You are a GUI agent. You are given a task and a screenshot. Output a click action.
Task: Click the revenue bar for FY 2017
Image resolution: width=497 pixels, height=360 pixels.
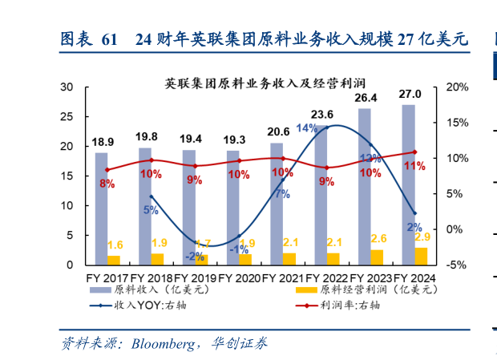(101, 208)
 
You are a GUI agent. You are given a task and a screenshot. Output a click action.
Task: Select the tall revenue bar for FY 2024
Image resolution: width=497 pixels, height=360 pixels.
(408, 184)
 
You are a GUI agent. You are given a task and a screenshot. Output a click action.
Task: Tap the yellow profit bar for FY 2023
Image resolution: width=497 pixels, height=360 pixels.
(376, 257)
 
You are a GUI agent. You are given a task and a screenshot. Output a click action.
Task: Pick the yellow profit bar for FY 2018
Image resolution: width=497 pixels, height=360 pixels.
(157, 259)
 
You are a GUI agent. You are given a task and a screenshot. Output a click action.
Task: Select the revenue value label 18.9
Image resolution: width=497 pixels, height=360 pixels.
(103, 140)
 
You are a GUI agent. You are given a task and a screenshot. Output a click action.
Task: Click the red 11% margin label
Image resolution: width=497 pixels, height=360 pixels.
(414, 166)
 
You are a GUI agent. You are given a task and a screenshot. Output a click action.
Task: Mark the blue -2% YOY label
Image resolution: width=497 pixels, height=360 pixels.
(195, 257)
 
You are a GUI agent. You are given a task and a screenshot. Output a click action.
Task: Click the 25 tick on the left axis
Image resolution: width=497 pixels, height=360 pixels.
(69, 117)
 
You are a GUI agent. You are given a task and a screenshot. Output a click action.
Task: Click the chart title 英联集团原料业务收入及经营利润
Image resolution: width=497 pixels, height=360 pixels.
(259, 83)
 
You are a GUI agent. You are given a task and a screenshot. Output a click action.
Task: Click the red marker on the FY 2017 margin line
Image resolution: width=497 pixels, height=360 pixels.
(107, 170)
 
